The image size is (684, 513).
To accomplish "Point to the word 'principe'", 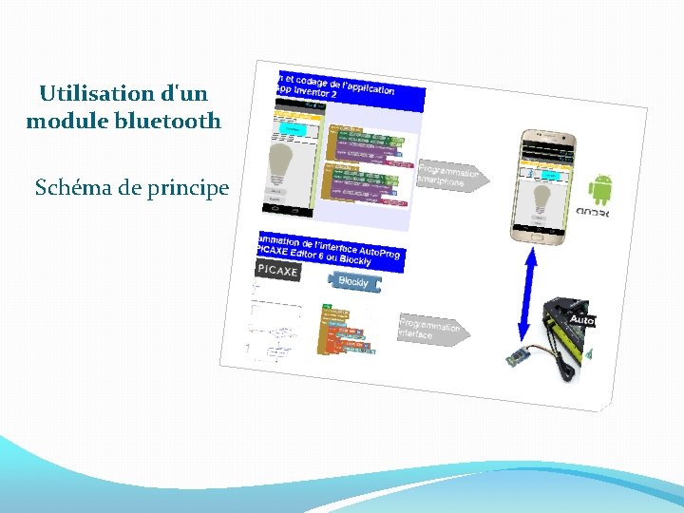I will (188, 188).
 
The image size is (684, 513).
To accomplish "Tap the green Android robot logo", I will (600, 189).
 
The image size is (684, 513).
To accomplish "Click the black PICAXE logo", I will (278, 271).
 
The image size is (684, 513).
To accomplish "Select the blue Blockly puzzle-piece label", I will (353, 281).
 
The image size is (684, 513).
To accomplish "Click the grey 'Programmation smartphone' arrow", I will (452, 176).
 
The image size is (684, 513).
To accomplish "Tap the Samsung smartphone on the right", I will (545, 186).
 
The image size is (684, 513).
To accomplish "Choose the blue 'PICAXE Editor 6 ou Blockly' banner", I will (329, 250).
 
